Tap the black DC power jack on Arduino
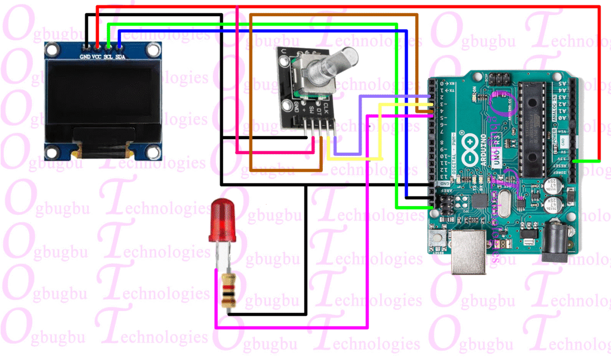[556, 239]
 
